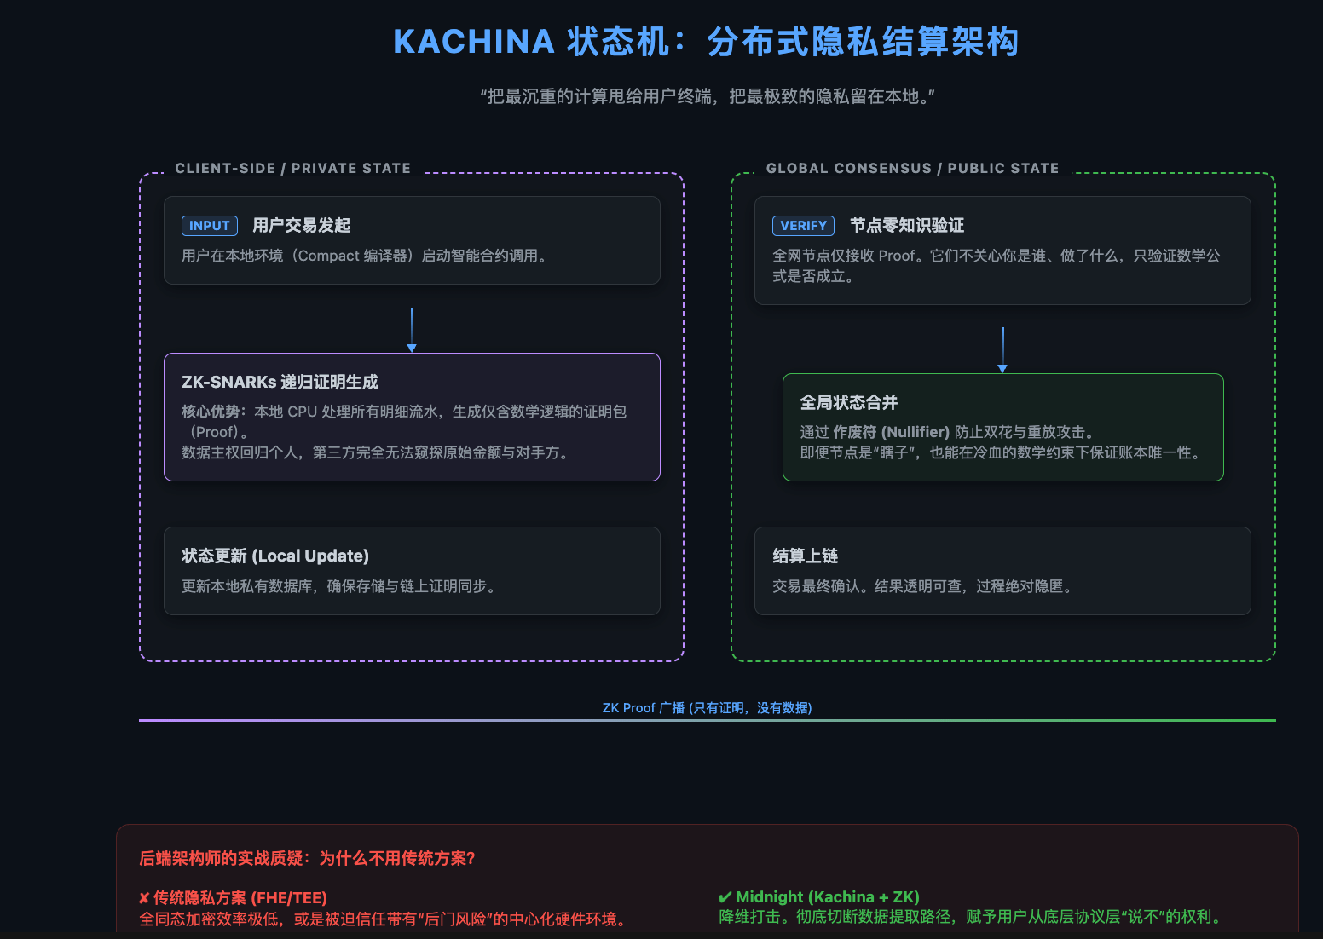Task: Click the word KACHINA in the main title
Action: [x=473, y=42]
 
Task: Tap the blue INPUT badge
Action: [x=209, y=226]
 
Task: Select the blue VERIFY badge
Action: [x=803, y=226]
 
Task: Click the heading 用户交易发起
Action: [x=302, y=226]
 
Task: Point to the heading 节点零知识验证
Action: [x=907, y=226]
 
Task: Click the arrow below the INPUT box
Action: [x=412, y=330]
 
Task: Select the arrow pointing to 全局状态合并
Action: [x=1002, y=349]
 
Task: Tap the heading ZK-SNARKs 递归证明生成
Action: [x=280, y=383]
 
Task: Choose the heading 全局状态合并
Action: [x=848, y=403]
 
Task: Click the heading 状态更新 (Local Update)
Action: [x=275, y=556]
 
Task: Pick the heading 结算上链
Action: [x=805, y=556]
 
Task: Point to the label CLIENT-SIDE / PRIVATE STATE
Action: [x=292, y=169]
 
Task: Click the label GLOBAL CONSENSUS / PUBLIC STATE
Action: [x=912, y=169]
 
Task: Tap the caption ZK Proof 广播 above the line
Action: [x=707, y=708]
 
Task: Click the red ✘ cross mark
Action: [x=144, y=898]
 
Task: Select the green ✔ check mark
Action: [x=725, y=897]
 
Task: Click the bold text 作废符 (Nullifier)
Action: [x=891, y=432]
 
